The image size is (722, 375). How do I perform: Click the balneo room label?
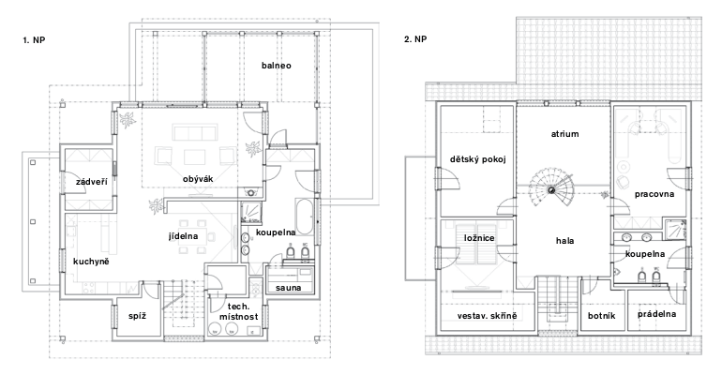coord(277,66)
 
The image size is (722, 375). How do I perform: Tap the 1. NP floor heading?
coord(34,40)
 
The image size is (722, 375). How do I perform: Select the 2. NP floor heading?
coord(415,39)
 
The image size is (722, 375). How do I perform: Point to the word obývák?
coord(198,179)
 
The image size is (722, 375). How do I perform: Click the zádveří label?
coord(92,182)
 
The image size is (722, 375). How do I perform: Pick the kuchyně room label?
coord(91,262)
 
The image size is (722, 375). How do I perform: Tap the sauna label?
coord(288,288)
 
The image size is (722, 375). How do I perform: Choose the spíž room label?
coord(137,316)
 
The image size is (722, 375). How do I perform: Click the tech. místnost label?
coord(238,311)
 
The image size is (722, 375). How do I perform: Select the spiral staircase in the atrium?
coord(551,189)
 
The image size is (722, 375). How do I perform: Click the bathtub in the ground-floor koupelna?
coord(305,217)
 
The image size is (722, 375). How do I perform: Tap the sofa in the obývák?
coord(194,132)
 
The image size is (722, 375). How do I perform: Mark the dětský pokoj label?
coord(478,159)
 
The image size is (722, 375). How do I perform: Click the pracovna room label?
coord(654,194)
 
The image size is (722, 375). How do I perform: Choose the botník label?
coord(601,316)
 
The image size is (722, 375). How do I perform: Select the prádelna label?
coord(656,314)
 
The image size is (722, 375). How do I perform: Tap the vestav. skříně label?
coord(488,316)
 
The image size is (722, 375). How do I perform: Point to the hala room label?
coord(564,241)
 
